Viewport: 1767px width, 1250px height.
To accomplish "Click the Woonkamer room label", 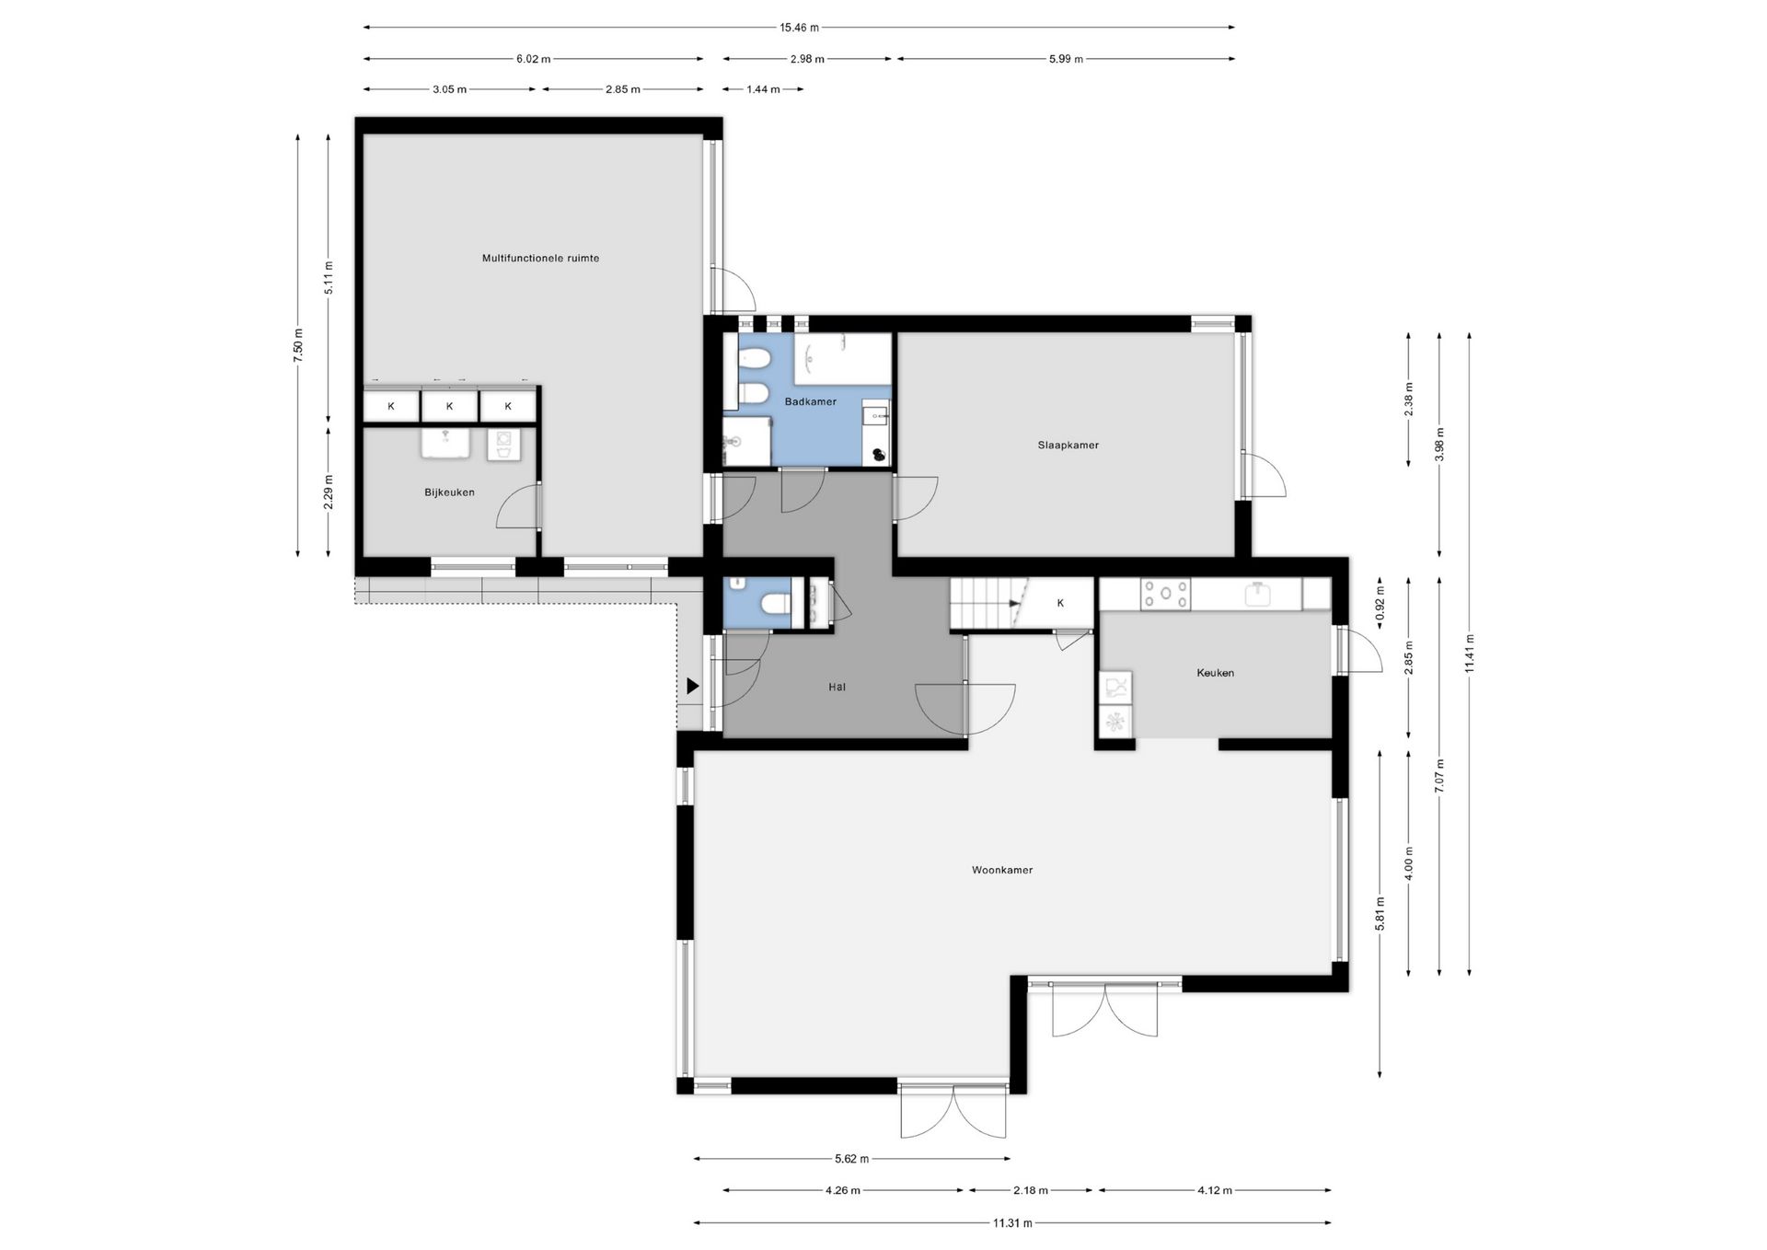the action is coord(1002,870).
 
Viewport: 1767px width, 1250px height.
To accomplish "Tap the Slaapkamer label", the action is coord(1068,446).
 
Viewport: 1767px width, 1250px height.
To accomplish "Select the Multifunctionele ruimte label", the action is coord(540,259).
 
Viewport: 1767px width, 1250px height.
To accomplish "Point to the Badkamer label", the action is coord(810,402).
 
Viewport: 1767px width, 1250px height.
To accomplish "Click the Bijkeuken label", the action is coord(449,492).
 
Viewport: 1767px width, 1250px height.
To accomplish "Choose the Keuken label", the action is coord(1215,673).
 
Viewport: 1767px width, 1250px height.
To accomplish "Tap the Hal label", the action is coord(837,687).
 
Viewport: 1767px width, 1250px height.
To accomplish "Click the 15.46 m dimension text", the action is coord(799,28).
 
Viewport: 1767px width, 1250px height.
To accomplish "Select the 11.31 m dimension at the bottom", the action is coord(1012,1223).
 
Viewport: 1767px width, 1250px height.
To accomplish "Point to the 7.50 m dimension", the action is coord(298,346).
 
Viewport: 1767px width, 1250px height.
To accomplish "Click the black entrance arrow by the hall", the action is coord(692,686).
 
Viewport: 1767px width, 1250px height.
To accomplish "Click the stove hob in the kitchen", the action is coord(1165,595).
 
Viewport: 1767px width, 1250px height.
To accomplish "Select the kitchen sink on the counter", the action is coord(1258,593).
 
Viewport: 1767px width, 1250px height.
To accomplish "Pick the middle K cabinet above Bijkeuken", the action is coord(449,406).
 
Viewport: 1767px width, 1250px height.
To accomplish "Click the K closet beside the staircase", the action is coord(1060,603).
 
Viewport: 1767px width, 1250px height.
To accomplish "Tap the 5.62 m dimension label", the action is coord(851,1159).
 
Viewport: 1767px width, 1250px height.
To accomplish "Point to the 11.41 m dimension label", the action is coord(1470,654).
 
